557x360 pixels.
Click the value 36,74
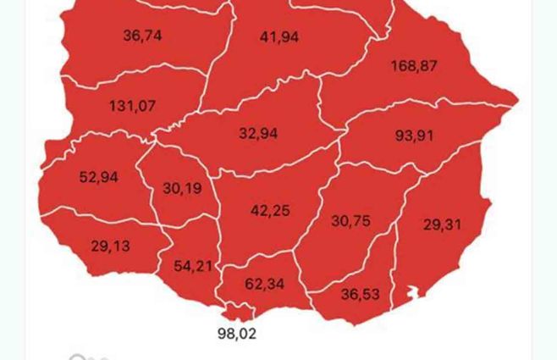point(142,36)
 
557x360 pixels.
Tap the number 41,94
point(279,36)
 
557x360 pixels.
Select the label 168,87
point(414,65)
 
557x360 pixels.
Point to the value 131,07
point(132,106)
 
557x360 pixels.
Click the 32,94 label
point(258,133)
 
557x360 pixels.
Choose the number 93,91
point(414,135)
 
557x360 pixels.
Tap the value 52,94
point(99,177)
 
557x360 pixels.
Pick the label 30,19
point(182,188)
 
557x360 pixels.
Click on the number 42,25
point(270,210)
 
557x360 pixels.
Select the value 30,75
point(350,220)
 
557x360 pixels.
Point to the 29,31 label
point(443,224)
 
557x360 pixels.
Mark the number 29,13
point(110,246)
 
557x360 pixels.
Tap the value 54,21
point(194,266)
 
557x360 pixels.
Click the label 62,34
point(265,284)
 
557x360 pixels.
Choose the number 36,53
point(361,294)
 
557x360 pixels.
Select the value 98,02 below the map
point(237,333)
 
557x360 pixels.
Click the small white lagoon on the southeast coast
point(413,293)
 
